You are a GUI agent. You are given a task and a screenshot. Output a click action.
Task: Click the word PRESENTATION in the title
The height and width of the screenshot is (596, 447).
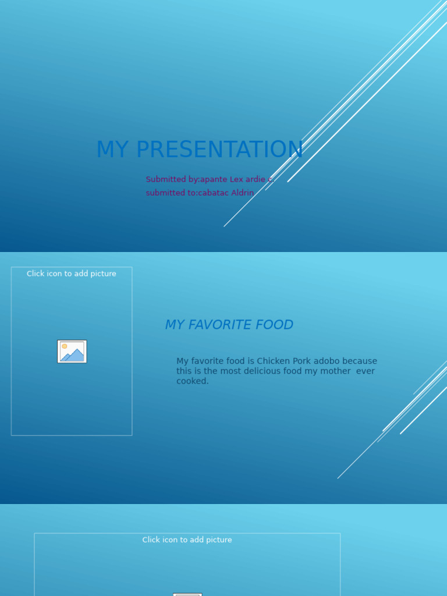[219, 150]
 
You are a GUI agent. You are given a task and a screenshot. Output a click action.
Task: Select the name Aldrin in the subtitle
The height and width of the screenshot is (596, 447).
[243, 193]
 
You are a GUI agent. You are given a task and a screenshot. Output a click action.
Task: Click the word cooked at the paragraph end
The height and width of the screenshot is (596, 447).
[191, 381]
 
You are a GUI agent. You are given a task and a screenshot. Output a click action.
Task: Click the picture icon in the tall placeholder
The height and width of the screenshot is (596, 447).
[72, 352]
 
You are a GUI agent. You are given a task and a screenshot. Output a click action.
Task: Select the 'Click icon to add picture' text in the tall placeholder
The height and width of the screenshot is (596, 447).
[72, 274]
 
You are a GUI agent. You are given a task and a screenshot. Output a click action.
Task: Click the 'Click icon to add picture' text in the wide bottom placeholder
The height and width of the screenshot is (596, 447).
[187, 540]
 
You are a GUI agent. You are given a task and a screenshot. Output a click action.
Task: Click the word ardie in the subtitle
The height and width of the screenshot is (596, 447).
[256, 179]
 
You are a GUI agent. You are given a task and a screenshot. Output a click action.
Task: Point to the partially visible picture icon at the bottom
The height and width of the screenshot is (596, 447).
[187, 594]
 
